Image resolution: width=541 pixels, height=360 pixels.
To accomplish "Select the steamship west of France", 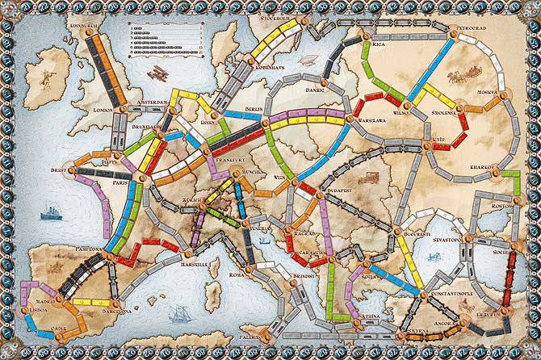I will [50, 212].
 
